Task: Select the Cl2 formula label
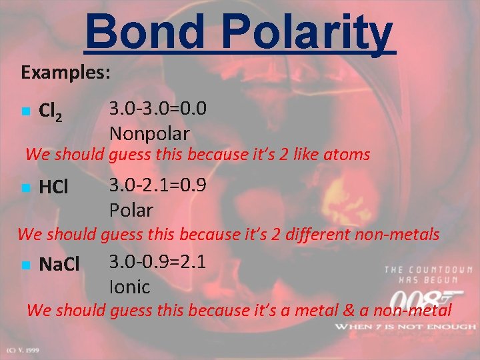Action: tap(51, 111)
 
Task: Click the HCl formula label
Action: tap(53, 188)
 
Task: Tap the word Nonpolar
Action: tap(149, 133)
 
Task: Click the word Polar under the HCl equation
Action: tap(131, 210)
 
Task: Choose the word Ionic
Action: tap(129, 287)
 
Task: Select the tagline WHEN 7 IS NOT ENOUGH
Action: tap(405, 327)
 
